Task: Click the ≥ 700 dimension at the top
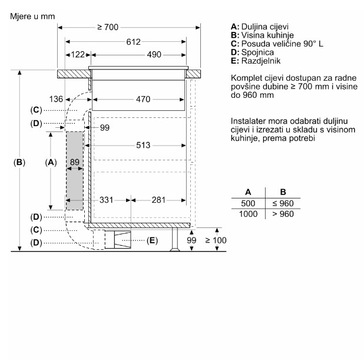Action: [108, 28]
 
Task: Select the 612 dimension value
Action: [134, 42]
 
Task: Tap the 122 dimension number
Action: [78, 55]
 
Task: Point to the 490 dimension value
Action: [154, 55]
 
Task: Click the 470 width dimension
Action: [143, 100]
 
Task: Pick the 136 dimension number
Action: [56, 99]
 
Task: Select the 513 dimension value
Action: [143, 146]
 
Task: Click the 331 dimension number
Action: [107, 200]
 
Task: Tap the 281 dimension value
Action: [158, 200]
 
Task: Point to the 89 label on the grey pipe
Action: [75, 162]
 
